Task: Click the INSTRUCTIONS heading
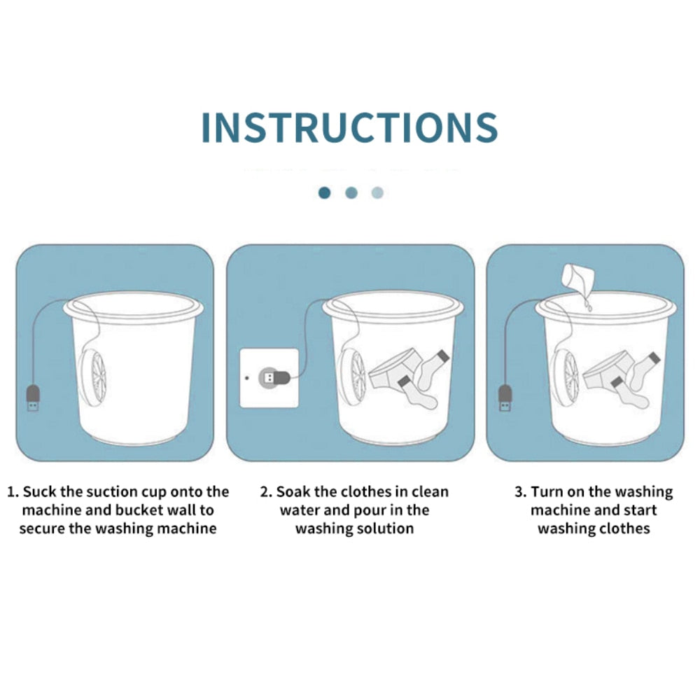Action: (349, 127)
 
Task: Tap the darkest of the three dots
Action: (325, 193)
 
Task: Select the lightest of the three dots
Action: (378, 193)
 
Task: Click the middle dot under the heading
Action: (351, 193)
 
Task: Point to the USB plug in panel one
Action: (33, 398)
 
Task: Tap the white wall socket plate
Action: (269, 378)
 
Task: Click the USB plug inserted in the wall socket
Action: (275, 378)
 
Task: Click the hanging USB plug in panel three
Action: (505, 398)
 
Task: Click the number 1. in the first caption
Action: (13, 492)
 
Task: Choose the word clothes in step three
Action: (624, 528)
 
